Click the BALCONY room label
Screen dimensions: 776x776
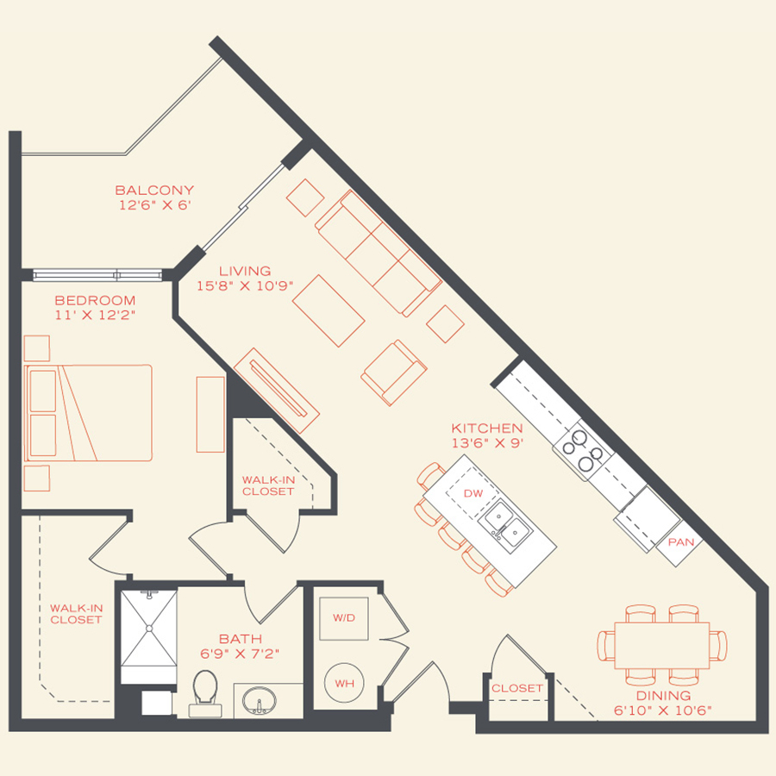pos(154,191)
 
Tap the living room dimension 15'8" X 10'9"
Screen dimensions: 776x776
pos(244,286)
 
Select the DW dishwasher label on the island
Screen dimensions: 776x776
pos(472,493)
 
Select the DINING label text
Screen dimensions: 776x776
pos(664,695)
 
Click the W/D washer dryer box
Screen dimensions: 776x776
pos(343,617)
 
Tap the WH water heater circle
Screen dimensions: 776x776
pos(345,683)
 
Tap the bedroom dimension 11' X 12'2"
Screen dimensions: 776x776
pos(95,315)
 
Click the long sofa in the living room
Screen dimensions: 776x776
pos(378,252)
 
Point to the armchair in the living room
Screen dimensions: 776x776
pos(394,372)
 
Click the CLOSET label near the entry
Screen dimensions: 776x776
pos(517,688)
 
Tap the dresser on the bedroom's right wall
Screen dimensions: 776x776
pos(210,414)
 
